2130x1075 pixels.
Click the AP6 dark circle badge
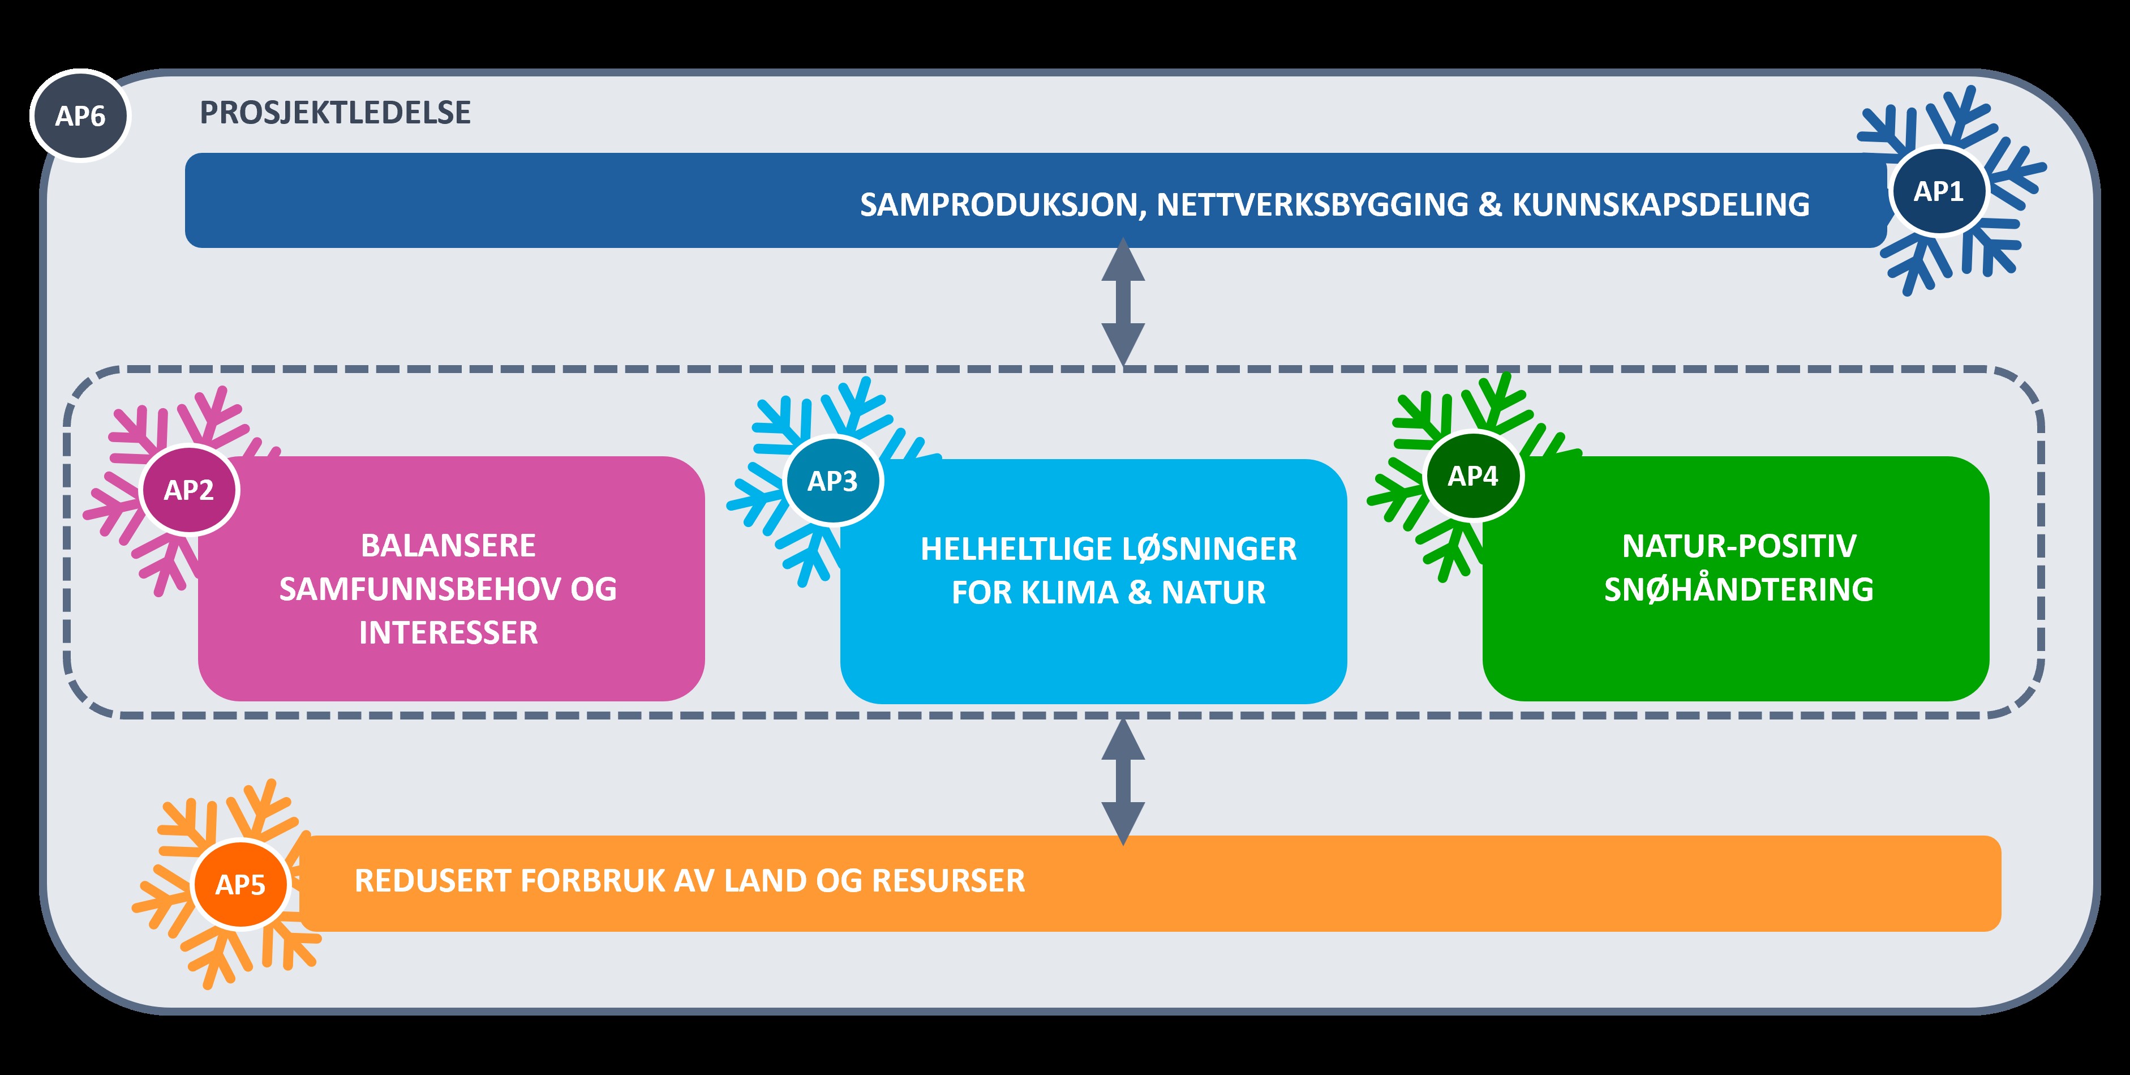pyautogui.click(x=80, y=116)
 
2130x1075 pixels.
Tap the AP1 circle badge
pyautogui.click(x=1938, y=191)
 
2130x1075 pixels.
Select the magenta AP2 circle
pyautogui.click(x=190, y=490)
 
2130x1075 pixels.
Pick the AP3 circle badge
pyautogui.click(x=832, y=481)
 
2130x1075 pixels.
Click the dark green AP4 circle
pyautogui.click(x=1472, y=476)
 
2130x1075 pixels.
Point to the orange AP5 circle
pyautogui.click(x=241, y=884)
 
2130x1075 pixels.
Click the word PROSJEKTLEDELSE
pyautogui.click(x=335, y=113)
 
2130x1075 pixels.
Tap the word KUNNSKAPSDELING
pyautogui.click(x=1660, y=204)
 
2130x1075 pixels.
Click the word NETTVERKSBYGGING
pyautogui.click(x=1312, y=204)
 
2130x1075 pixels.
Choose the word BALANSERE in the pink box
pyautogui.click(x=448, y=546)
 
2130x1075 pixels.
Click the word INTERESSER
pyautogui.click(x=448, y=632)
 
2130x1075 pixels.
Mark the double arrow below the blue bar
pyautogui.click(x=1123, y=302)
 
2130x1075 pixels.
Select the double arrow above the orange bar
pyautogui.click(x=1123, y=781)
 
